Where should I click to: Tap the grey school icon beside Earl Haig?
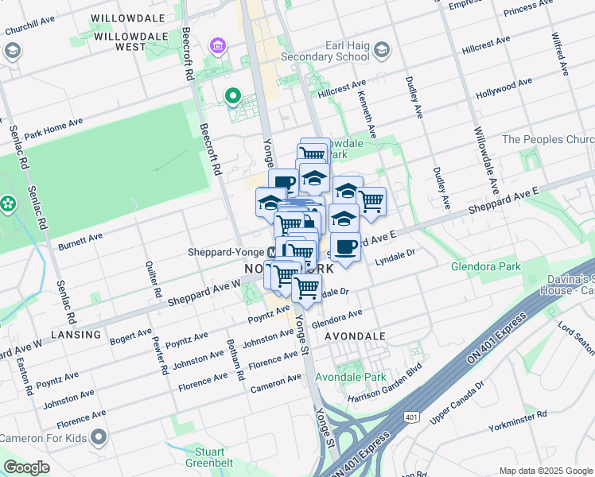(x=382, y=50)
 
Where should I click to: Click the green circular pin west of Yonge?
(x=232, y=97)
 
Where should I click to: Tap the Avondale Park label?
(x=350, y=377)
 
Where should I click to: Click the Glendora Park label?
(x=484, y=267)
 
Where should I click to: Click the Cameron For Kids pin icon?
(x=99, y=437)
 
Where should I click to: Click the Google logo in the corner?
(x=27, y=467)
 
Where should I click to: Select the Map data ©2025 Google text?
(x=546, y=471)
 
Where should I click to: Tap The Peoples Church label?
(x=548, y=139)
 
